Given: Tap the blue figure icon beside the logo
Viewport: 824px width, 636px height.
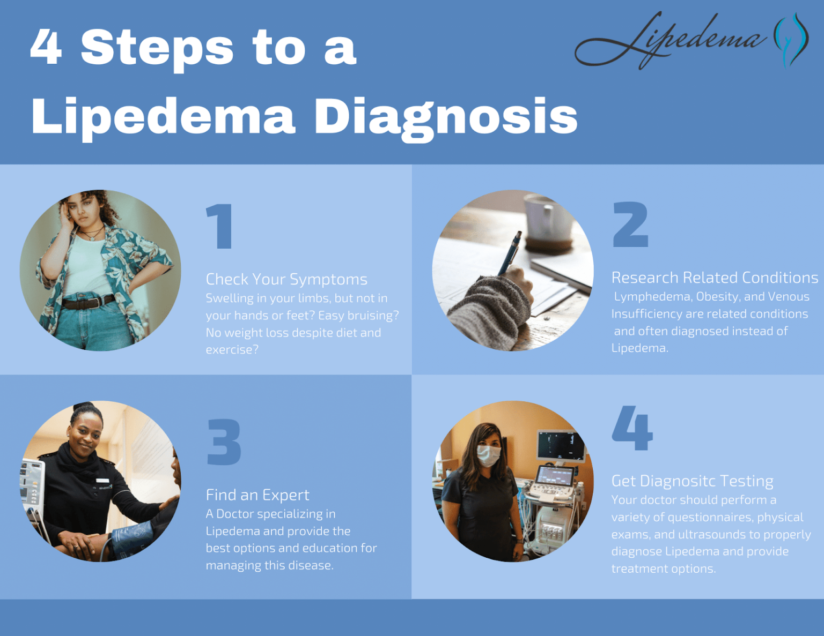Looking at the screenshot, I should click(791, 40).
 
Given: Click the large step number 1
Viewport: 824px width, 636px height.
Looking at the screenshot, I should click(220, 226).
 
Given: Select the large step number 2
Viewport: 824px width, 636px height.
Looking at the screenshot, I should click(630, 225).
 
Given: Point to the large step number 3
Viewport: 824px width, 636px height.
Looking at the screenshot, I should click(224, 442).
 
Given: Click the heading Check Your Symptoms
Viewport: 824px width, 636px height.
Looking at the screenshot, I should click(286, 279).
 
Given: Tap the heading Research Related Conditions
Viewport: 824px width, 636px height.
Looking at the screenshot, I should click(715, 278).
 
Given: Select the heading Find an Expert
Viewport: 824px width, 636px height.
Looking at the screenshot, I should click(257, 495).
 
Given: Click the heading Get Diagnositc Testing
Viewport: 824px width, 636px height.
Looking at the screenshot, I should click(692, 481).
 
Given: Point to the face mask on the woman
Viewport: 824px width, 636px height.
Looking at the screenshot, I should click(488, 455).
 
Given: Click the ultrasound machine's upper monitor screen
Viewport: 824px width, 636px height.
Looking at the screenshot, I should click(561, 445).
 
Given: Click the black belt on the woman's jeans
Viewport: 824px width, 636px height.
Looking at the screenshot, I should click(89, 302).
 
